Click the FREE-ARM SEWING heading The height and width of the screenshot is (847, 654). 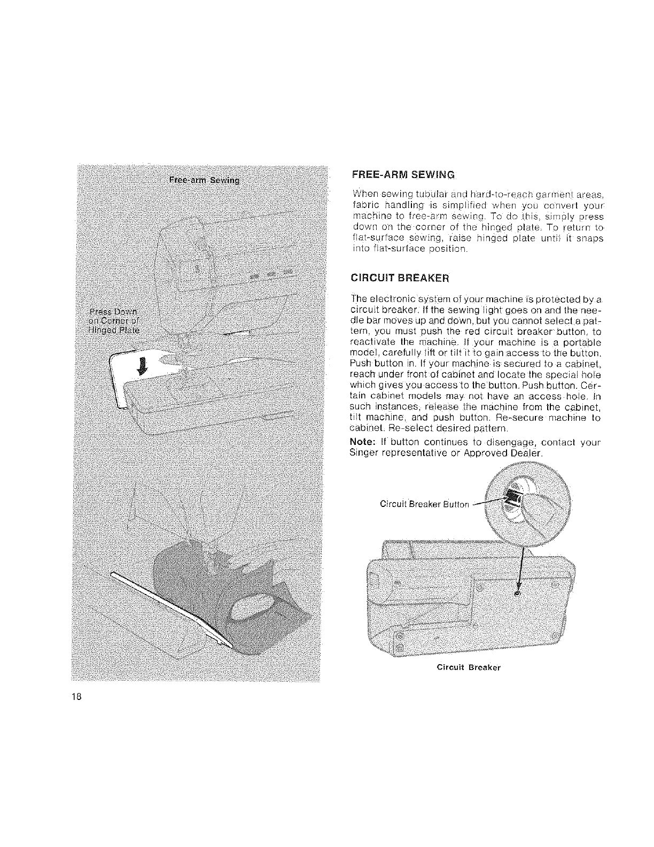[403, 174]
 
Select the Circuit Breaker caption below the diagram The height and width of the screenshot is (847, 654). [468, 668]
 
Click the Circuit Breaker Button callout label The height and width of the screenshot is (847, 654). [424, 504]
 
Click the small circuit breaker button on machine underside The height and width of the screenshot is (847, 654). [517, 594]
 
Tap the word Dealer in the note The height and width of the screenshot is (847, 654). [526, 453]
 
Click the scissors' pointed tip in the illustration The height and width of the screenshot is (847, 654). [233, 648]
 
